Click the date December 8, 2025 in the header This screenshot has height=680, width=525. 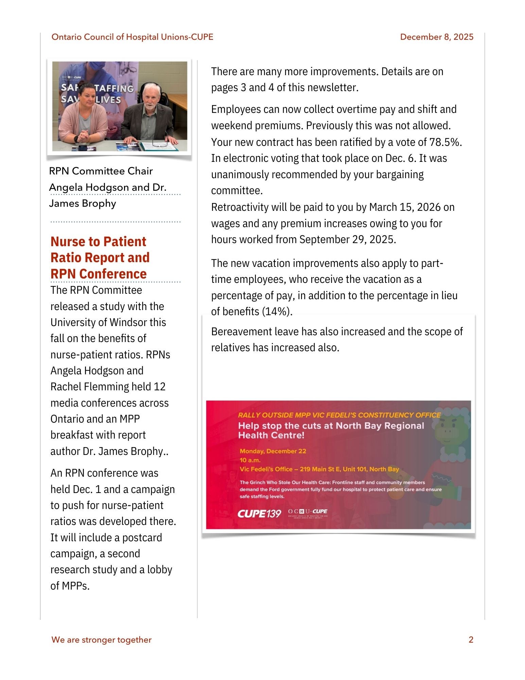[x=436, y=37]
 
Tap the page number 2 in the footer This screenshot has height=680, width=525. [x=471, y=640]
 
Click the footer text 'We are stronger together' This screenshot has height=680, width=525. [x=101, y=640]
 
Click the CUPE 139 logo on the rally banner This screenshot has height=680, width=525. [x=259, y=513]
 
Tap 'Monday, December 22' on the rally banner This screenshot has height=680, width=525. [x=273, y=451]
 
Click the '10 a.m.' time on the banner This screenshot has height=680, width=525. [x=250, y=460]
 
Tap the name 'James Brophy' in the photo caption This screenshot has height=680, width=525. [x=83, y=203]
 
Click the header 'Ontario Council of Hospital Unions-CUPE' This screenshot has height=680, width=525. [x=132, y=37]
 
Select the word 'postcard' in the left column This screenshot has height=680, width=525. [x=142, y=538]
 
